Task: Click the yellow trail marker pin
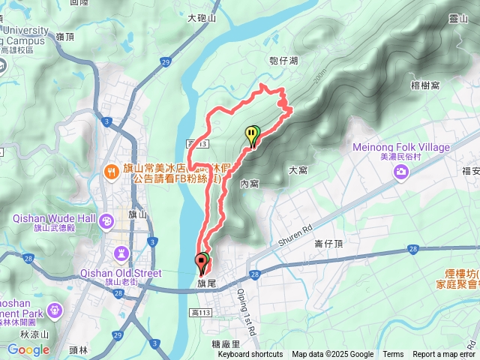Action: point(252,135)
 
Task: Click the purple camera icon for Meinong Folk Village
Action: point(401,173)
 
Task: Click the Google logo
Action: point(28,349)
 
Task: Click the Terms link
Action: point(393,355)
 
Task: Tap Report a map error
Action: point(444,355)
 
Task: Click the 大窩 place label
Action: point(298,170)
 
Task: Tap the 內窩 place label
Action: point(250,183)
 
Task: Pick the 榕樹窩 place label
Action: point(425,85)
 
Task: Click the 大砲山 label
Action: point(202,18)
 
